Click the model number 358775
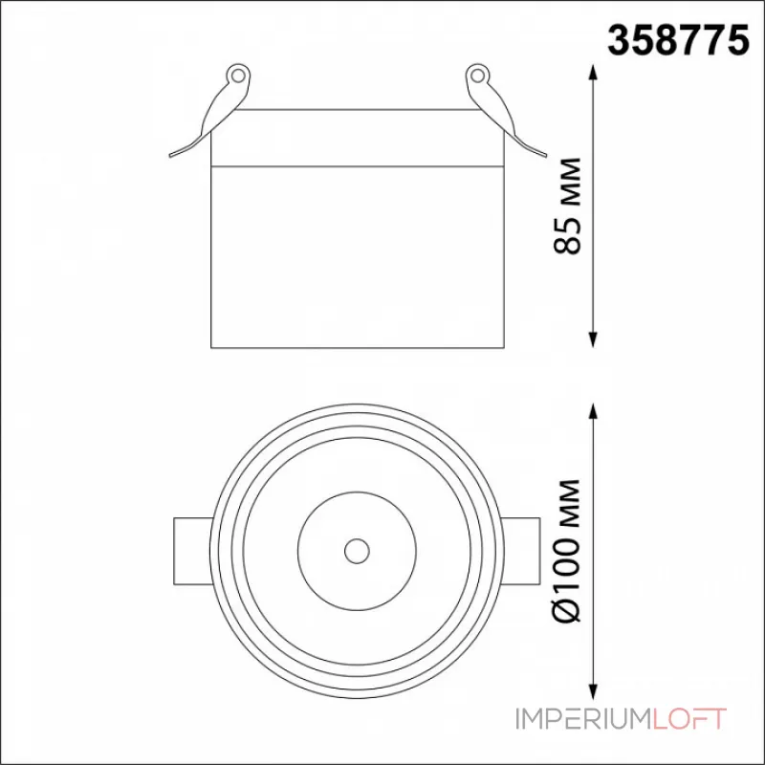click(x=678, y=40)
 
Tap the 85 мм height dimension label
click(x=568, y=206)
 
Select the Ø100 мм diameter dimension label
click(x=568, y=551)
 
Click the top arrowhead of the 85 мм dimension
click(x=593, y=74)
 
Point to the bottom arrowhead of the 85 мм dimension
click(x=593, y=339)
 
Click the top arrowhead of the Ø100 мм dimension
click(x=593, y=412)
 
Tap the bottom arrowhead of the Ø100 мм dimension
click(x=593, y=690)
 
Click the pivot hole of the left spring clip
click(x=237, y=76)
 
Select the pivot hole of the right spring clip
click(x=477, y=76)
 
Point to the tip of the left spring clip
click(x=170, y=156)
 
